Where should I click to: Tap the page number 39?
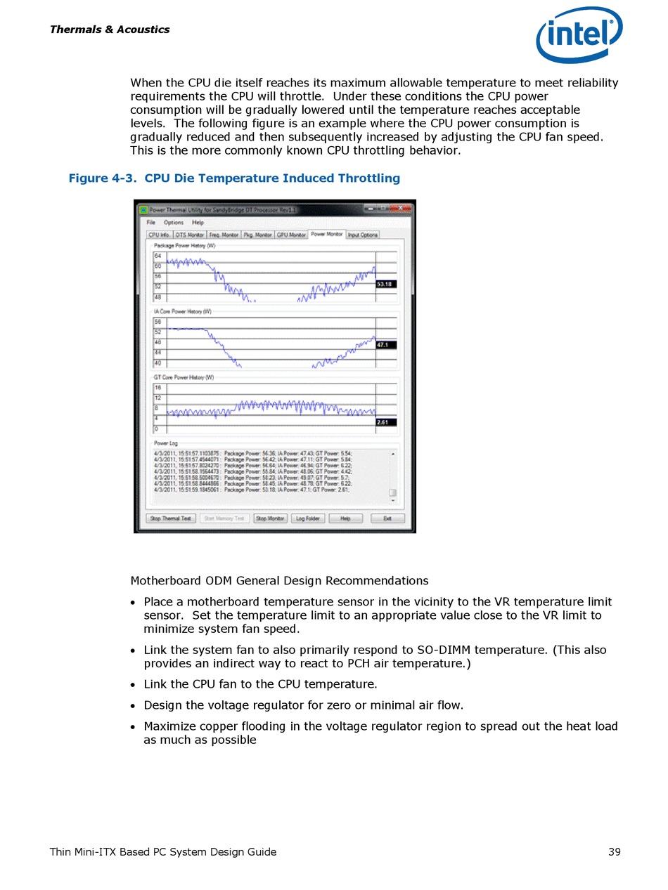pos(614,852)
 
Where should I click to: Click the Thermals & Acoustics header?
pos(110,30)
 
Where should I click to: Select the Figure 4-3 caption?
pos(234,178)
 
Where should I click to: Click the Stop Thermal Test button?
pos(171,518)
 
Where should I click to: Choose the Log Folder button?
pos(307,518)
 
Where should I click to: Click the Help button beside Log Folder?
pos(345,518)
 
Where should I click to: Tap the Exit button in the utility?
pos(387,518)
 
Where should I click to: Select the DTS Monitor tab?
pos(189,235)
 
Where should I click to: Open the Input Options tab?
pos(363,235)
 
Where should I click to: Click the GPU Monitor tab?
pos(291,235)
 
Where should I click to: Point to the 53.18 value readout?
pos(386,284)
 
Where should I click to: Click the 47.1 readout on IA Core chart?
pos(385,345)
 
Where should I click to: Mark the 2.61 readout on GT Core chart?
pos(385,422)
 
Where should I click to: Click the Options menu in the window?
pos(174,223)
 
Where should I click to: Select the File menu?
pos(151,223)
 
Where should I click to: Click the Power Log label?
pos(166,443)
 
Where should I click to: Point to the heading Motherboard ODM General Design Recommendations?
pos(279,581)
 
